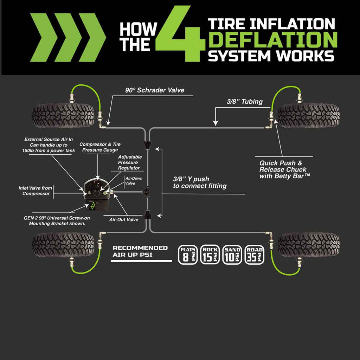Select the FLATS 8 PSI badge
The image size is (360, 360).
coord(188,254)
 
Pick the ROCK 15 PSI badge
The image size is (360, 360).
coord(210,254)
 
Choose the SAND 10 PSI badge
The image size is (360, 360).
coord(232,254)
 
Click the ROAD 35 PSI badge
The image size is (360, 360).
coord(254,254)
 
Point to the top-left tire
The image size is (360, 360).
coord(63,115)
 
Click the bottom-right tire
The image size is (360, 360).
coord(309,244)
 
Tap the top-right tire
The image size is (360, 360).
coord(309,115)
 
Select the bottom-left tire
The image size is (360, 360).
coord(63,244)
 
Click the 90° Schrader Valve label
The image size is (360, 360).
coord(155,90)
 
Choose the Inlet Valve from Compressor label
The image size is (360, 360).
coord(34,191)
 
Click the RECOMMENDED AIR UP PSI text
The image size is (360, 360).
coord(140,251)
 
